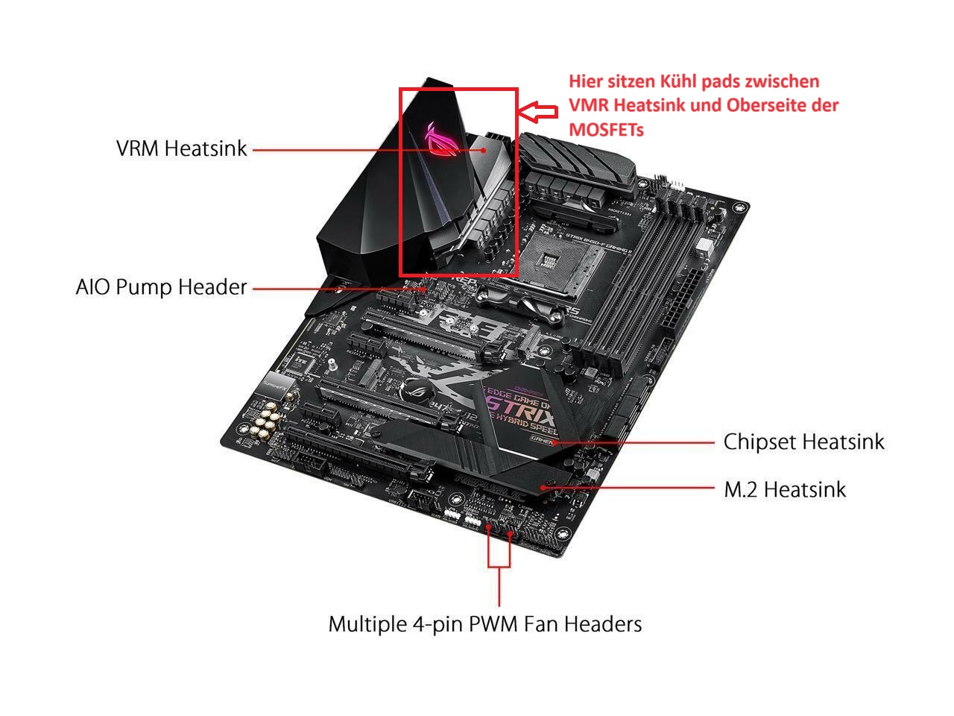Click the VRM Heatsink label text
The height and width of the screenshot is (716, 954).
[181, 148]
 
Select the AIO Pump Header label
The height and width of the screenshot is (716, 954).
[161, 287]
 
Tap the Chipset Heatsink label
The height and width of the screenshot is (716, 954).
[803, 442]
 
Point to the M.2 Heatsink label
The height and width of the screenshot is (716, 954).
[785, 489]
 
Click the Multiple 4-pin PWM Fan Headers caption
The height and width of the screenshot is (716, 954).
[484, 623]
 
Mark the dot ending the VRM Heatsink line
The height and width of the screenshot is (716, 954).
[484, 149]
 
